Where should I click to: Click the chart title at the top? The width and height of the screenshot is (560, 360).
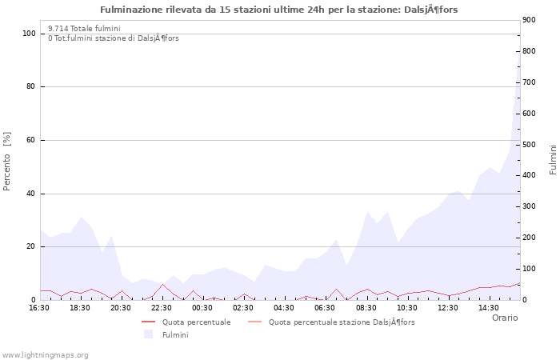[279, 10]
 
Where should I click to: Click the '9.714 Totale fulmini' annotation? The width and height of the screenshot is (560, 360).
[84, 29]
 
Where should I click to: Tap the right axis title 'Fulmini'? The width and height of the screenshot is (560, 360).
[552, 159]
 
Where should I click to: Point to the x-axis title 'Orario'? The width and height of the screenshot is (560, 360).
[504, 318]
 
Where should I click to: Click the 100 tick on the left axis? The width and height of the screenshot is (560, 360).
[29, 34]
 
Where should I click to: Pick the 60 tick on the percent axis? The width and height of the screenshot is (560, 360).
[31, 140]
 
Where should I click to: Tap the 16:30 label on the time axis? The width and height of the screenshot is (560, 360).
[39, 307]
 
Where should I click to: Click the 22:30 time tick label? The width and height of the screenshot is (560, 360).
[162, 307]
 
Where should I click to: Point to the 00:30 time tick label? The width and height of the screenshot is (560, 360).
[202, 307]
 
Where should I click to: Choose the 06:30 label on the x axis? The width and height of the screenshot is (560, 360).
[325, 307]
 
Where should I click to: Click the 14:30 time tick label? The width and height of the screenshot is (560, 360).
[488, 307]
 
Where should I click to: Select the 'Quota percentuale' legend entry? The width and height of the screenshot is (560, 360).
[196, 322]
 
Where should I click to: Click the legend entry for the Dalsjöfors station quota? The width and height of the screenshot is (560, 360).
[342, 322]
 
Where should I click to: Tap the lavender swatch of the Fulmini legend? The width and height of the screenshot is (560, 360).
[147, 334]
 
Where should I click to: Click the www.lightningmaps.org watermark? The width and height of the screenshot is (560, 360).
[46, 354]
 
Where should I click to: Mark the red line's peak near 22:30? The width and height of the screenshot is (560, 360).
[162, 285]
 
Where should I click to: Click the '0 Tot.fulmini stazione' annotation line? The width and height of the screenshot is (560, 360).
[114, 38]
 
